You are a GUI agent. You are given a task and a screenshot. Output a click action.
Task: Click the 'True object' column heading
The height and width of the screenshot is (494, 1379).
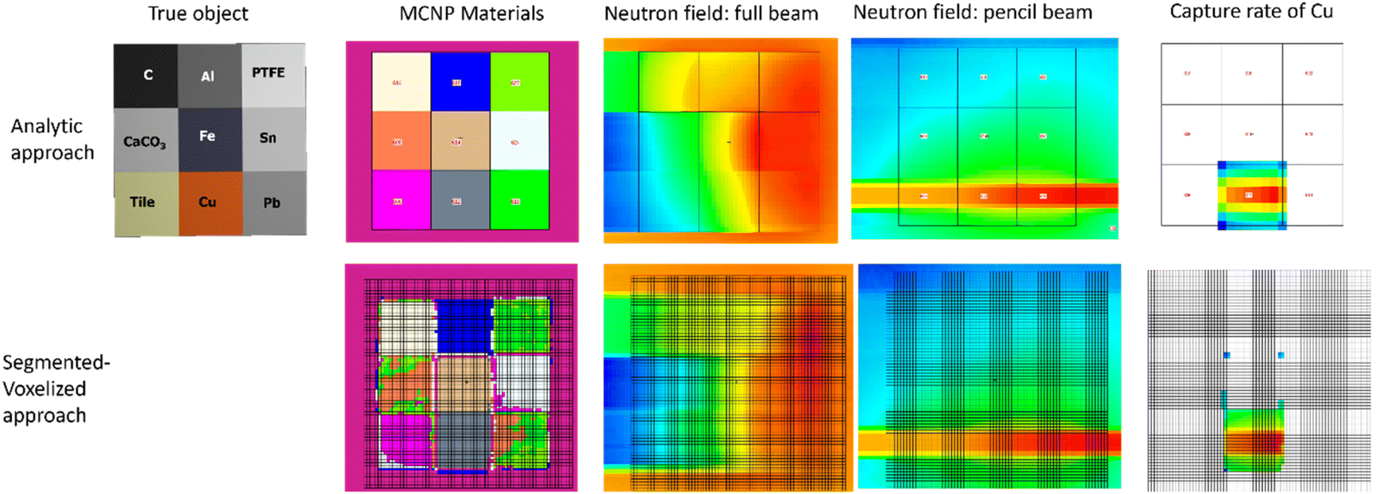(x=198, y=14)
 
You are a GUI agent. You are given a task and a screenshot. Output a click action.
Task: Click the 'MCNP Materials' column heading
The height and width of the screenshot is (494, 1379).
(x=471, y=14)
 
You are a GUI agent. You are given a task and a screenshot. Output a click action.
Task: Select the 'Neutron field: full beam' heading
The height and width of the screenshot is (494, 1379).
(x=711, y=14)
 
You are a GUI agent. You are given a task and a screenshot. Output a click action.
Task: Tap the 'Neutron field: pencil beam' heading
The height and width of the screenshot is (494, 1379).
(x=972, y=12)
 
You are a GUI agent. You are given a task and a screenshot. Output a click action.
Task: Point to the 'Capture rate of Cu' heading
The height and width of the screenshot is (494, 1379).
(x=1250, y=11)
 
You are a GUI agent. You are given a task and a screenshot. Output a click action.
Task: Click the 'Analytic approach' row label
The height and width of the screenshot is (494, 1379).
(x=52, y=139)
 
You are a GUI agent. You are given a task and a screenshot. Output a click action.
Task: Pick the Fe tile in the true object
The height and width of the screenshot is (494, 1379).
(x=209, y=139)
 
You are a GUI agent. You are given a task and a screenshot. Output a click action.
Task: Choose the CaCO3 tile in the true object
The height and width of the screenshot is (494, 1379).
(x=145, y=141)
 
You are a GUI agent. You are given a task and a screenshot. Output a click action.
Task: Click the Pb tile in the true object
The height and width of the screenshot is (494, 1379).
(x=273, y=203)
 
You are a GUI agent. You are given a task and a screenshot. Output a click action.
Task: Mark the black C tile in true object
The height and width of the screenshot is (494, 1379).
(x=146, y=75)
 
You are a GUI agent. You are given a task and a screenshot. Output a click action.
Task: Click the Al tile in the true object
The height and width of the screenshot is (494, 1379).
(x=209, y=76)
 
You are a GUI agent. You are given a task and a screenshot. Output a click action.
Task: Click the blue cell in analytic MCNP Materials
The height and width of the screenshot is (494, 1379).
(x=460, y=82)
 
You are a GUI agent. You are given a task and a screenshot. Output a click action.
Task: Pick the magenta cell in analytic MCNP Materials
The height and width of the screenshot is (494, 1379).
(x=401, y=201)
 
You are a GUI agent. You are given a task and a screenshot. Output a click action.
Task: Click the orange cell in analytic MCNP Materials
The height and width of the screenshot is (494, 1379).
(x=401, y=141)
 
